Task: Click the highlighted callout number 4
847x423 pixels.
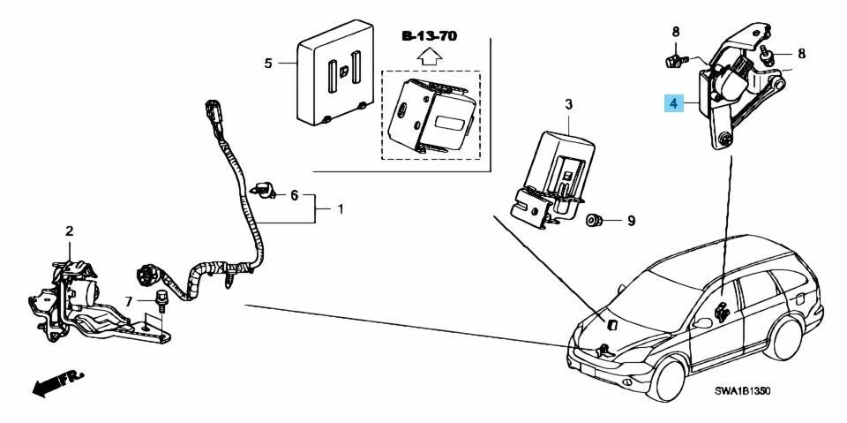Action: pyautogui.click(x=673, y=102)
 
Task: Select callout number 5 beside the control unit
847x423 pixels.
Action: pyautogui.click(x=268, y=64)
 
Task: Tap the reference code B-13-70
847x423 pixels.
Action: pyautogui.click(x=430, y=36)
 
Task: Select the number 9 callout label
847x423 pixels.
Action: pyautogui.click(x=631, y=221)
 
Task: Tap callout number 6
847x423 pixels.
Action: pyautogui.click(x=295, y=195)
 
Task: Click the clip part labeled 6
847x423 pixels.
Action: pyautogui.click(x=264, y=190)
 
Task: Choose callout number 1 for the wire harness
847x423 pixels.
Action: pyautogui.click(x=341, y=208)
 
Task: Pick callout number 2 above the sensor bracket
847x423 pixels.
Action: pyautogui.click(x=69, y=231)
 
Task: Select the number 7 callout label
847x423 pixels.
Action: pyautogui.click(x=128, y=301)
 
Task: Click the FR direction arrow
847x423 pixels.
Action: pyautogui.click(x=58, y=383)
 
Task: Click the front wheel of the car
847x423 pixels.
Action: pyautogui.click(x=668, y=381)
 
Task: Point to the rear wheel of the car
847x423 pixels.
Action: pyautogui.click(x=783, y=338)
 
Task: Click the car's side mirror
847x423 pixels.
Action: pyautogui.click(x=703, y=323)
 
